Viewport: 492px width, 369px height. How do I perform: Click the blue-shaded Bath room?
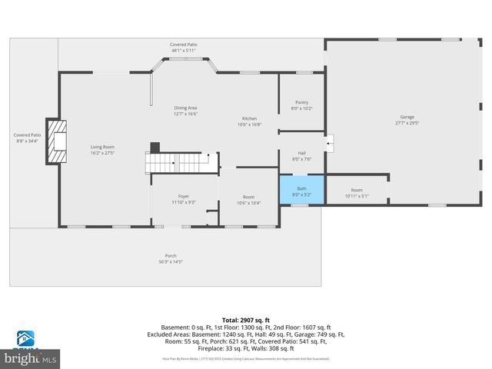coord(301,188)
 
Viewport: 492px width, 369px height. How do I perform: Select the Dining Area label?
coord(185,111)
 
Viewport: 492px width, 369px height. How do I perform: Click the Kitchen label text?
coord(249,118)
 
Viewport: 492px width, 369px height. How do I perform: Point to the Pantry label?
coord(301,102)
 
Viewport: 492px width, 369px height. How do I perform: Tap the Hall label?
coord(301,153)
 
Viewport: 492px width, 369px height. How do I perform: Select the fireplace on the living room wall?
coord(57,142)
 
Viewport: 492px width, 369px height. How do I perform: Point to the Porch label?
coord(171,255)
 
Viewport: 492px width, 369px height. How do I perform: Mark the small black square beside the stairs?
coord(155,146)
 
